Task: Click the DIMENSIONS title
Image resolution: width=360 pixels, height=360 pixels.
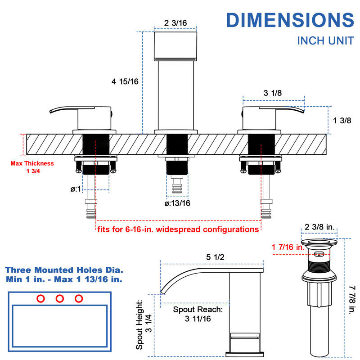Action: point(290,20)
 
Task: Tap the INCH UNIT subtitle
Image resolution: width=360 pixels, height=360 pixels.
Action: point(325,41)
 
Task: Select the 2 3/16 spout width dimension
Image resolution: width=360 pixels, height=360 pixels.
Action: point(175,23)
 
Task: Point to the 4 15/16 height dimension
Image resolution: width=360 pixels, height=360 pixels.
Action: point(125,81)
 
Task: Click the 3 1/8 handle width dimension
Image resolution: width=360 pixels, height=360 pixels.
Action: point(273,93)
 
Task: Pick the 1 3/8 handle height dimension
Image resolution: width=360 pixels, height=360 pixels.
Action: point(342,121)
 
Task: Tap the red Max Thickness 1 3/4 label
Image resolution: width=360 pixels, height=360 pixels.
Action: point(32,167)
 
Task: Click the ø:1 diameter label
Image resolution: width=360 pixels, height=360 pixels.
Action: point(76,189)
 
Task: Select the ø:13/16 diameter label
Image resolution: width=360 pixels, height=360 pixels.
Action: point(177,203)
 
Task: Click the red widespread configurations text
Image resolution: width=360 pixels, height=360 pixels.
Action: point(178,229)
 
